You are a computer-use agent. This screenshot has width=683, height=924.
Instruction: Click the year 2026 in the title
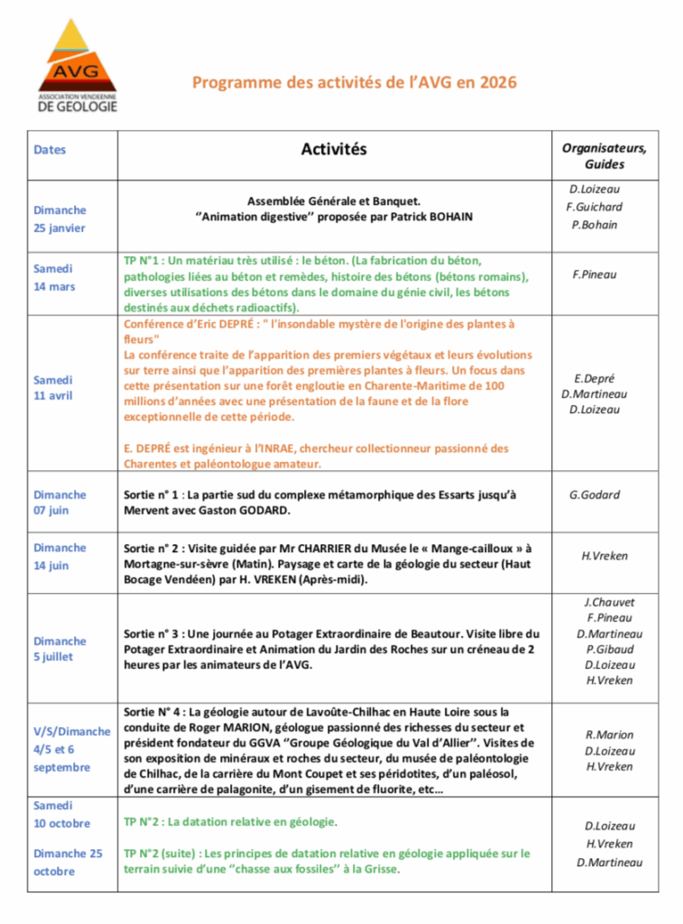point(499,83)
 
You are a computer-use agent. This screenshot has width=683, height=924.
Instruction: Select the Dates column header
point(50,151)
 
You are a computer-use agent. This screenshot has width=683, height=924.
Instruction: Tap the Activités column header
point(334,150)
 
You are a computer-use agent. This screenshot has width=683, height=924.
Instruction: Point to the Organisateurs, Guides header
point(604,156)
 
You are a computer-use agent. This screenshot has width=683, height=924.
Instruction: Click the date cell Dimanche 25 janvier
point(60,218)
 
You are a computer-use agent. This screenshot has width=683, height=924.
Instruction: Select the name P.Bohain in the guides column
point(595,225)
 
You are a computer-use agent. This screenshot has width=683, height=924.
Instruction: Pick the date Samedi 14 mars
point(54,278)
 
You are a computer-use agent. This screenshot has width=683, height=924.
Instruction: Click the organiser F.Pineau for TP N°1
point(595,274)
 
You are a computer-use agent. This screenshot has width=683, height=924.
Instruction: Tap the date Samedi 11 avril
point(54,388)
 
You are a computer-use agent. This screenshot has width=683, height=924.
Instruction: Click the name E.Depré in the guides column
point(594,378)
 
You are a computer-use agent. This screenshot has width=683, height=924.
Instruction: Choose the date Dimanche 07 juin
point(60,503)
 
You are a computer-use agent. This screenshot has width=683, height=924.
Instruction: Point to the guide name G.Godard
point(595,494)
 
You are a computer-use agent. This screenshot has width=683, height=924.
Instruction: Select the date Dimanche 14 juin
point(60,556)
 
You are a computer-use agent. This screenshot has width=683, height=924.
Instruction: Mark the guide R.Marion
point(609,735)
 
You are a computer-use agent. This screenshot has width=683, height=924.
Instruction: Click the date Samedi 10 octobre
point(61,814)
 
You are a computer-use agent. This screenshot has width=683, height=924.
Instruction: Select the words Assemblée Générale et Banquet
point(334,201)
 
